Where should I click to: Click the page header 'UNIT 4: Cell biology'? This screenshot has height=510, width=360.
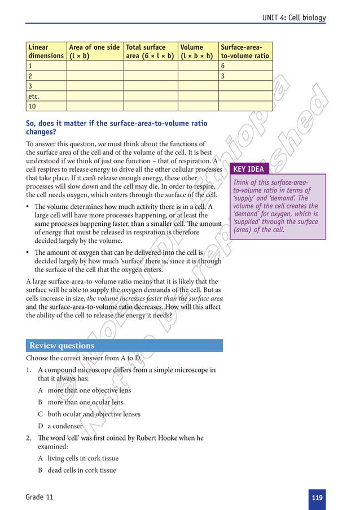(x=294, y=18)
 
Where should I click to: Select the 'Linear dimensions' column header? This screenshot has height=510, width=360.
(x=46, y=51)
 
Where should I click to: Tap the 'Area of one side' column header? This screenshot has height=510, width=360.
(x=94, y=51)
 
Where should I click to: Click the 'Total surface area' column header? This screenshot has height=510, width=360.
(x=150, y=51)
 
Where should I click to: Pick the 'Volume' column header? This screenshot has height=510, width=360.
(x=197, y=51)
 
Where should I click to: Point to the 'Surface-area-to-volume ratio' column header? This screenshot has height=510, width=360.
(x=245, y=51)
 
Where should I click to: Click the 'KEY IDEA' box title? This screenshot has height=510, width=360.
(x=248, y=169)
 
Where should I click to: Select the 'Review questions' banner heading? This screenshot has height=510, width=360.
(x=62, y=346)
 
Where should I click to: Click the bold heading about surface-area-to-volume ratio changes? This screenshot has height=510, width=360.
(x=116, y=127)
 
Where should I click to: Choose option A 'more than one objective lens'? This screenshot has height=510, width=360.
(x=89, y=390)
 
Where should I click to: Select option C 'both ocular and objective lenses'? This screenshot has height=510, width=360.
(x=94, y=414)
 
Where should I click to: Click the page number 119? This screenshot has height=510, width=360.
(x=317, y=498)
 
